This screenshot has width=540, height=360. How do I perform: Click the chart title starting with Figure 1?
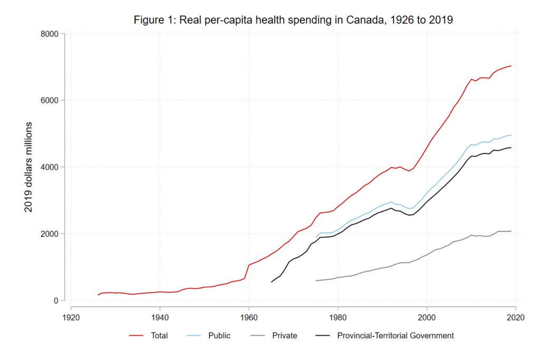(293, 20)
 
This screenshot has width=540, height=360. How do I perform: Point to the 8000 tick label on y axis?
(50, 34)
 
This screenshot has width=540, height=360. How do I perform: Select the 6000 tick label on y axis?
(50, 100)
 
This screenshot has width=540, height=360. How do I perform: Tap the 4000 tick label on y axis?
(50, 167)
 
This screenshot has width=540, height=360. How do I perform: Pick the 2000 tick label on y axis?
(50, 233)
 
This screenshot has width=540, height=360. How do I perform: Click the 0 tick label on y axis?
(55, 300)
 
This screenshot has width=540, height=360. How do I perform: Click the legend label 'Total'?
(159, 336)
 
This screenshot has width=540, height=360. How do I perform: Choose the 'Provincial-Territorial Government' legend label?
(395, 336)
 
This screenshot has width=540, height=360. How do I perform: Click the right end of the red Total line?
(511, 66)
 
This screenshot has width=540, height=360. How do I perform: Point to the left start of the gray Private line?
(316, 281)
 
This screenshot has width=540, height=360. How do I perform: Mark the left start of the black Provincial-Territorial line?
(272, 282)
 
